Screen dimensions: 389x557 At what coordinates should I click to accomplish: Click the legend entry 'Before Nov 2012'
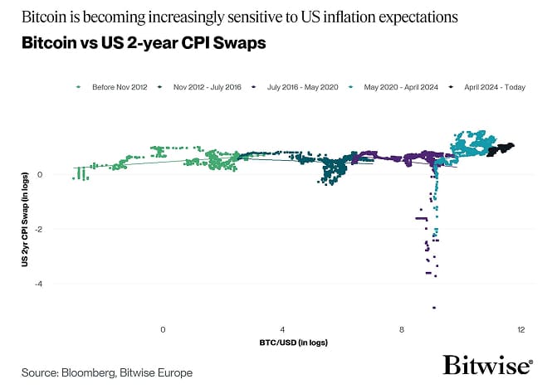(115, 86)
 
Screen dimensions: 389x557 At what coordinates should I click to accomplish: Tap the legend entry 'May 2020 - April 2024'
(400, 86)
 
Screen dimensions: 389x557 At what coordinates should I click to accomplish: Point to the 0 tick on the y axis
(41, 174)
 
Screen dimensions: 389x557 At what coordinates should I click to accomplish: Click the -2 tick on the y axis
(39, 229)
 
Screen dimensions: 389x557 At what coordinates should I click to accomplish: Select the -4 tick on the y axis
(39, 284)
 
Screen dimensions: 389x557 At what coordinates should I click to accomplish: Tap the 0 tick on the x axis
(164, 330)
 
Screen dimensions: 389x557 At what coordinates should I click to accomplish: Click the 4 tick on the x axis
(283, 330)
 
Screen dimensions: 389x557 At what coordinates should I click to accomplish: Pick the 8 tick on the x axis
(402, 330)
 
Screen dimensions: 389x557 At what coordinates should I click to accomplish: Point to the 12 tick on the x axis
(520, 330)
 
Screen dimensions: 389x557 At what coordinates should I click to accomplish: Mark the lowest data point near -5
(433, 308)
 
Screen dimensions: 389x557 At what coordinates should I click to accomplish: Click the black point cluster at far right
(501, 149)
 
